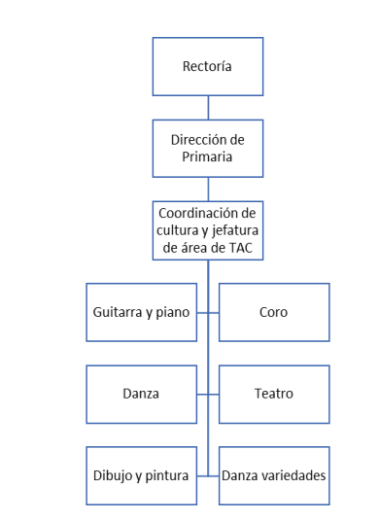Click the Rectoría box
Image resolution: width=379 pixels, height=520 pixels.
[x=208, y=66]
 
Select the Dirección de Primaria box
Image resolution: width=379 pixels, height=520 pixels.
[x=208, y=148]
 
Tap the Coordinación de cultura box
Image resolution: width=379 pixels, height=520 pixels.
[x=208, y=230]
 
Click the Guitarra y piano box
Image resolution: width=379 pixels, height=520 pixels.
[x=141, y=312]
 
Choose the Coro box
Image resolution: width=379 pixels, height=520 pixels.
[x=274, y=312]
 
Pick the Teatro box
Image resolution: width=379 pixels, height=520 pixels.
[x=274, y=394]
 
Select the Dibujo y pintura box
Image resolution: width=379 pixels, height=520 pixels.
[x=141, y=475]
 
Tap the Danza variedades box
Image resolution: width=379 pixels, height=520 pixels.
[x=274, y=475]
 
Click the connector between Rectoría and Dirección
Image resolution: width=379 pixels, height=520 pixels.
[x=208, y=107]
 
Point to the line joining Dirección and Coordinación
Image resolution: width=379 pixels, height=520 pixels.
[x=208, y=189]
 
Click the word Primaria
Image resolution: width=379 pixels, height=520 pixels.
[x=208, y=156]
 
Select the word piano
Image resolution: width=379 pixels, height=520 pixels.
[x=172, y=312]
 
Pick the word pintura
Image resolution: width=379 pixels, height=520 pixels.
[x=165, y=475]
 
